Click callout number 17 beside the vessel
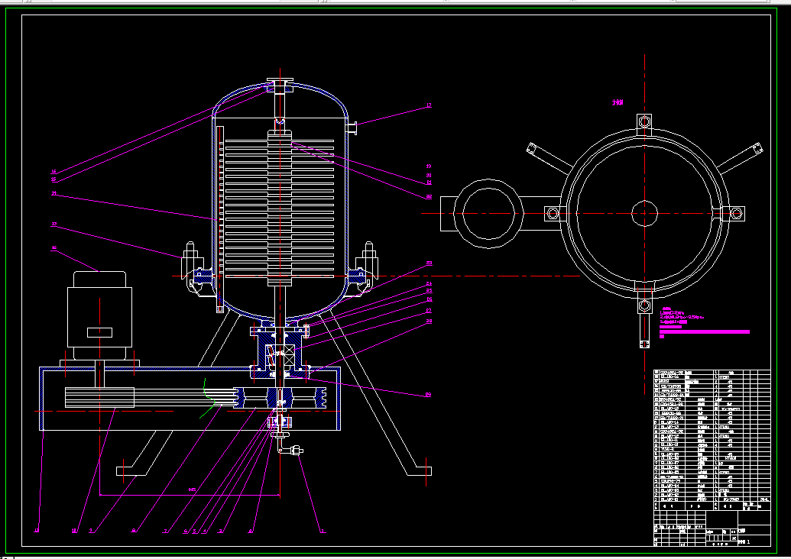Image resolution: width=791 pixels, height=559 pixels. (x=429, y=105)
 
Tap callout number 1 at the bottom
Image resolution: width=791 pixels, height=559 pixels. (x=322, y=531)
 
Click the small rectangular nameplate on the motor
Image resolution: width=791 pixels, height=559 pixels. (x=99, y=332)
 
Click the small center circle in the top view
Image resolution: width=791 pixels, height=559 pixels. (x=644, y=213)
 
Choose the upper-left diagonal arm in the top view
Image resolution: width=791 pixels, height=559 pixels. (x=544, y=156)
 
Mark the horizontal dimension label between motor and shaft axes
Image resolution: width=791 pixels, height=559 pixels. (x=192, y=490)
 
